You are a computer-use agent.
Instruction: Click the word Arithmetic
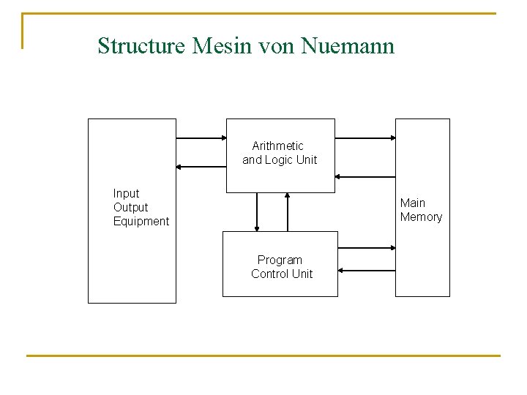[277, 146]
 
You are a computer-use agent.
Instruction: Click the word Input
[126, 193]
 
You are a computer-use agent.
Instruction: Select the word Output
[130, 207]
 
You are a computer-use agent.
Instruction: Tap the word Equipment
[141, 221]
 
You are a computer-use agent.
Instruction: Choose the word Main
[413, 203]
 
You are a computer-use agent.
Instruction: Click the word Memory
[421, 217]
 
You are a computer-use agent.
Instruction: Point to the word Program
[280, 260]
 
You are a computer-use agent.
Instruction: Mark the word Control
[270, 274]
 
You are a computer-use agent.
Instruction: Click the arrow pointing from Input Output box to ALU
[201, 138]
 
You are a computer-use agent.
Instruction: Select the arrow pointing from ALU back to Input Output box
[201, 167]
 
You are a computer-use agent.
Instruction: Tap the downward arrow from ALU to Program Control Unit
[257, 212]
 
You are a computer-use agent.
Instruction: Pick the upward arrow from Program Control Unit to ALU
[288, 212]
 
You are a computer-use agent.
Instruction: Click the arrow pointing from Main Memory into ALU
[365, 176]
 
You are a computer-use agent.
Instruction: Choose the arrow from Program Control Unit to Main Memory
[367, 249]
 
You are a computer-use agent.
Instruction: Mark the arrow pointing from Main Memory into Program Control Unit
[367, 271]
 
